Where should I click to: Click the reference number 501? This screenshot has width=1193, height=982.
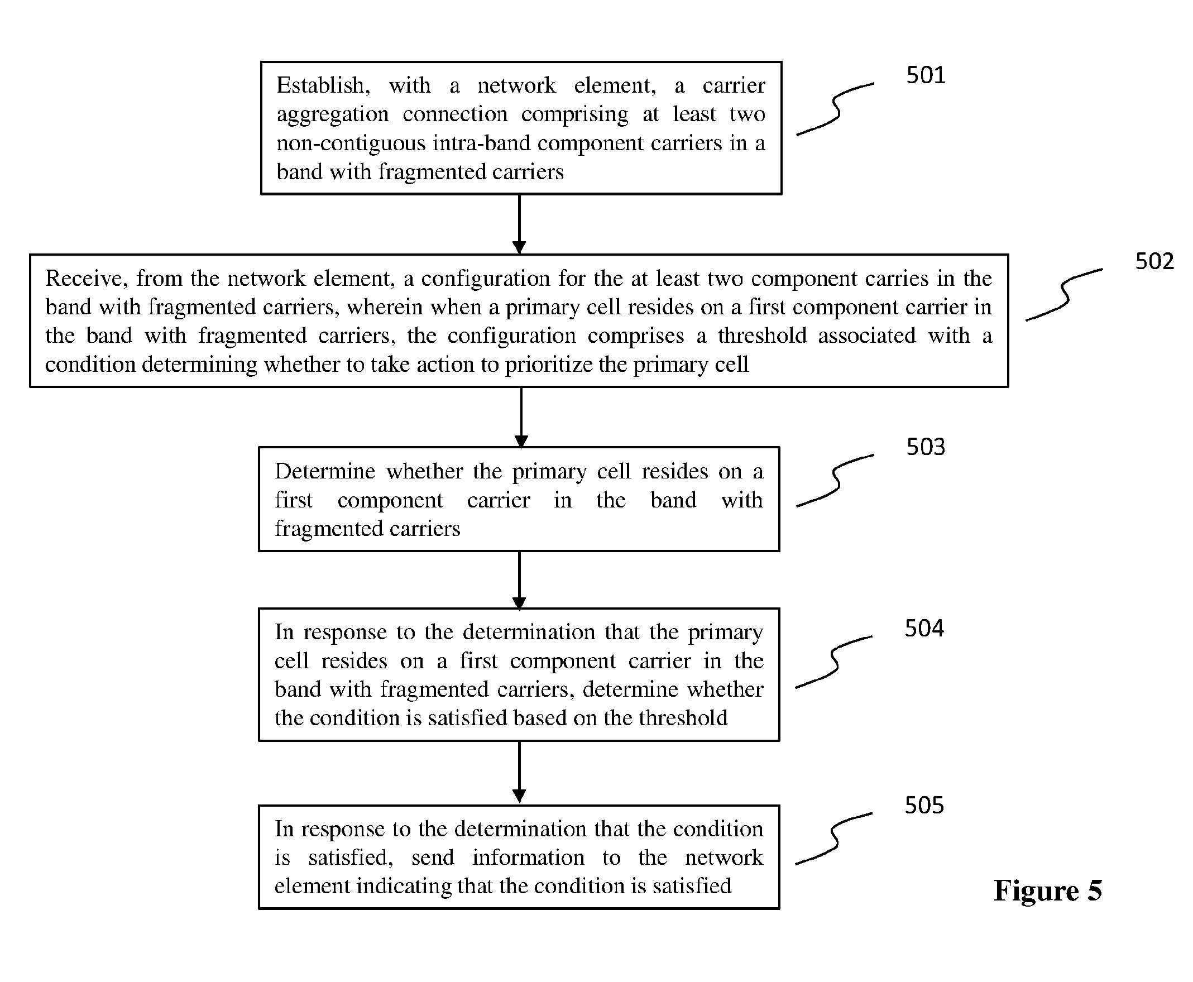[x=926, y=75]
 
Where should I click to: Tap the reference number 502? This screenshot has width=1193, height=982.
[x=1154, y=261]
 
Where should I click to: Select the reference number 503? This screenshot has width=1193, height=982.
[x=926, y=447]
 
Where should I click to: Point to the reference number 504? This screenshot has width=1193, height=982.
[x=924, y=629]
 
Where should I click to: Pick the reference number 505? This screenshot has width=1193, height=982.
[x=924, y=805]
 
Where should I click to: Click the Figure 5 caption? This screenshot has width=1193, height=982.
[x=1048, y=890]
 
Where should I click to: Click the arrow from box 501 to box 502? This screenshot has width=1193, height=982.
[x=519, y=224]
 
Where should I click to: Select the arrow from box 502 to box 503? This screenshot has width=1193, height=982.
[x=521, y=418]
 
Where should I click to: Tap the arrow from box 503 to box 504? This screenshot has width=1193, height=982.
[x=519, y=581]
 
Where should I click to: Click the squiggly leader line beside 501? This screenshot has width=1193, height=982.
[x=836, y=109]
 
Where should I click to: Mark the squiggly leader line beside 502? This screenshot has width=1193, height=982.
[x=1065, y=295]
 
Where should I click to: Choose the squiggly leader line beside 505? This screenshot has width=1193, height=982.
[x=835, y=839]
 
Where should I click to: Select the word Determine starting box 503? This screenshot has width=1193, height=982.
[x=325, y=471]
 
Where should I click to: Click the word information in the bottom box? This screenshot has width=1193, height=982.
[x=528, y=858]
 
